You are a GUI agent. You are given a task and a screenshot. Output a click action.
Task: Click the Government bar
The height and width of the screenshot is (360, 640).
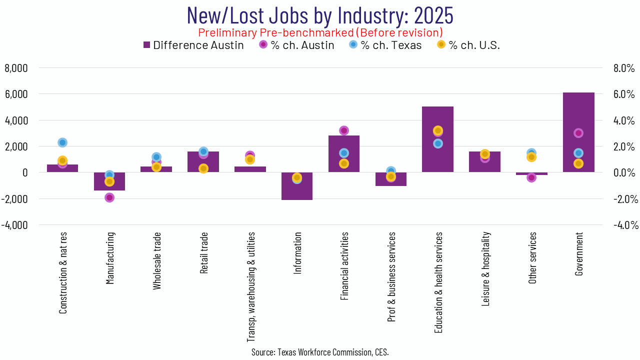click(x=578, y=132)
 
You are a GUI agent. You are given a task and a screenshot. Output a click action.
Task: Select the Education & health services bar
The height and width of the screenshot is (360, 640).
click(x=437, y=150)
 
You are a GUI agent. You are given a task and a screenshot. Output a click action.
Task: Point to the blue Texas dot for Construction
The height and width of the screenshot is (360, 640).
click(x=62, y=142)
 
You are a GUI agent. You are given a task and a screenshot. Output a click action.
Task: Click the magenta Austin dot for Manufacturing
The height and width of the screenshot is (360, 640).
click(x=109, y=197)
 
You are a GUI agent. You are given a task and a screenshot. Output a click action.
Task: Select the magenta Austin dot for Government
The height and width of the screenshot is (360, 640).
click(x=578, y=133)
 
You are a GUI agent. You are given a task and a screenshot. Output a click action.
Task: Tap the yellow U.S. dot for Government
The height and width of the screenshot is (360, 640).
click(x=578, y=163)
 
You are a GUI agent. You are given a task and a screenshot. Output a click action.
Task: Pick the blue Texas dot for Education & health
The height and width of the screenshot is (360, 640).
click(x=438, y=143)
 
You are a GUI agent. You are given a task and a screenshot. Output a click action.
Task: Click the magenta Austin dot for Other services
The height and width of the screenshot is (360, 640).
click(x=531, y=177)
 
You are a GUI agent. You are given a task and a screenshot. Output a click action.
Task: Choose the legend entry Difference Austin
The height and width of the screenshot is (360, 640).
click(x=193, y=45)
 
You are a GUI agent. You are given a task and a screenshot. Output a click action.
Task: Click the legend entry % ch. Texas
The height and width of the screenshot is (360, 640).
click(x=385, y=45)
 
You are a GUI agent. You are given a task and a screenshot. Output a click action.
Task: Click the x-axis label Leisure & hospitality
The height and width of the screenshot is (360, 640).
click(x=485, y=262)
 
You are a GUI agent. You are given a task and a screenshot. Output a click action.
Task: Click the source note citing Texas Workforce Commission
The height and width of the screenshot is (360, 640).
click(x=320, y=352)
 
